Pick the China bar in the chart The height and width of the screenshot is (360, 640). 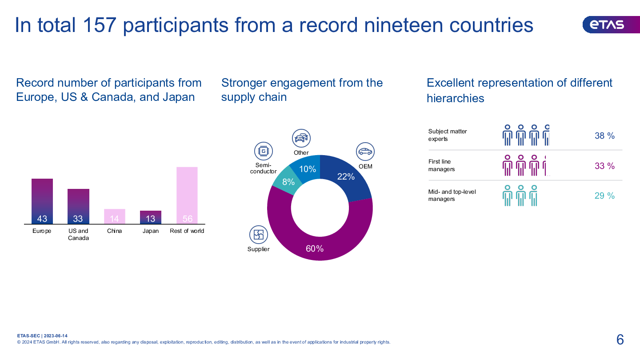pos(115,216)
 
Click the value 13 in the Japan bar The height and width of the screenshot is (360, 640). pos(151,219)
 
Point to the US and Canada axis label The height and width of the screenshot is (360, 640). pos(78,234)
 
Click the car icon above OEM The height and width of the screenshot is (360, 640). pos(365,152)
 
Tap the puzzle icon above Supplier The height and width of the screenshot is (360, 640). pos(258,235)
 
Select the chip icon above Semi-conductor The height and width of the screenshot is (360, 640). pos(264,151)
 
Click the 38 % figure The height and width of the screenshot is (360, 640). pos(604,136)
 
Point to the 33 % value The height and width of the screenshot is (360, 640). pos(604,166)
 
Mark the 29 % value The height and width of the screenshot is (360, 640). pos(604,196)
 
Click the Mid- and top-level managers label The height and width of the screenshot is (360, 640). pos(448,196)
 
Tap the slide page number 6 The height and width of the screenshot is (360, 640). pos(620,340)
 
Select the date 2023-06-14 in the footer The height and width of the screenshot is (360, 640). pos(56,336)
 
